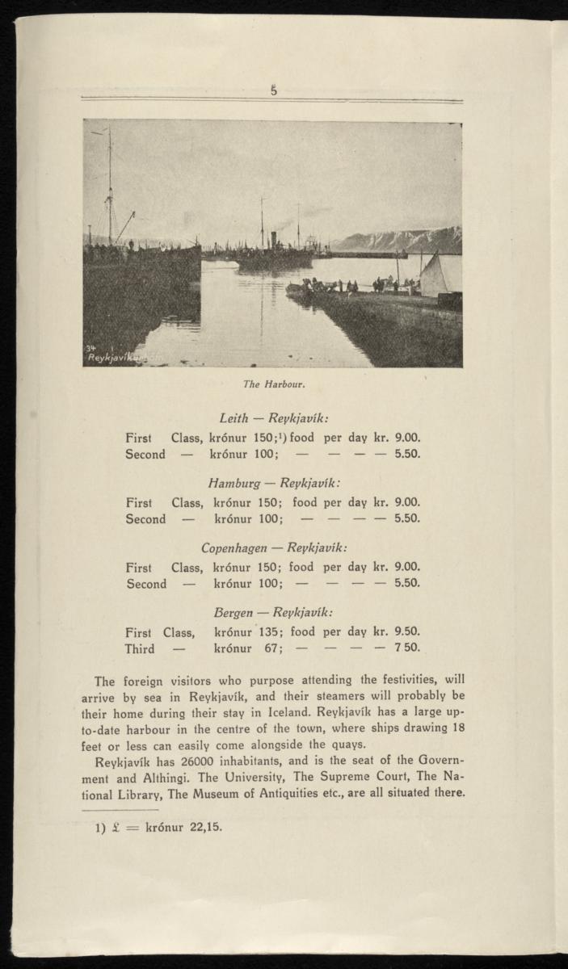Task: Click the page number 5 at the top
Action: click(x=274, y=91)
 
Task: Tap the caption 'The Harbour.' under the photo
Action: click(x=273, y=384)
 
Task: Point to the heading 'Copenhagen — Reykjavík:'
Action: click(x=273, y=547)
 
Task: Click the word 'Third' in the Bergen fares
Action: click(x=139, y=648)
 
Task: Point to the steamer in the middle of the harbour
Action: click(x=275, y=255)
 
